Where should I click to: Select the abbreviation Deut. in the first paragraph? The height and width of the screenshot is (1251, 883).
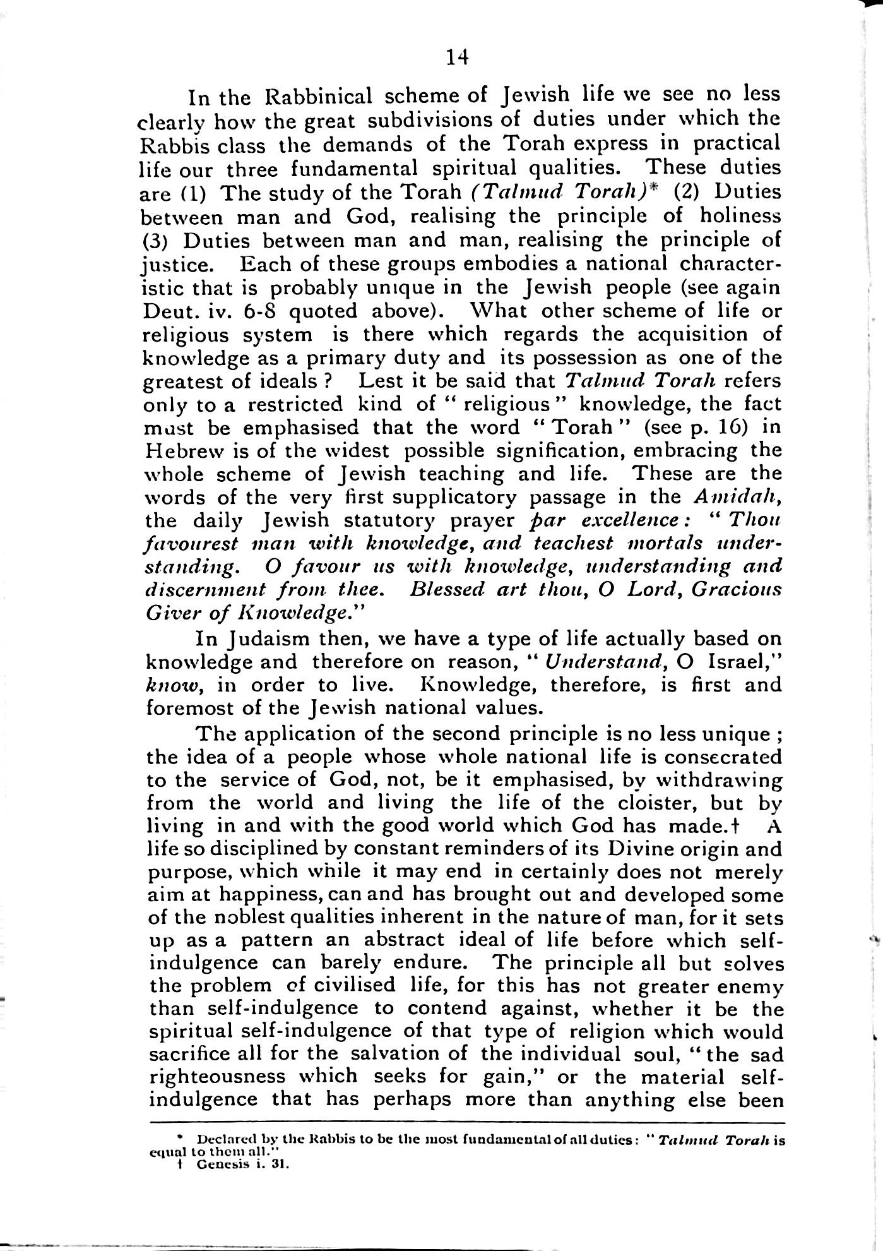(x=165, y=311)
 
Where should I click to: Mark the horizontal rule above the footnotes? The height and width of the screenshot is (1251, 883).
(x=467, y=1123)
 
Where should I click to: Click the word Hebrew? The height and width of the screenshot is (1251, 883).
(x=182, y=451)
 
